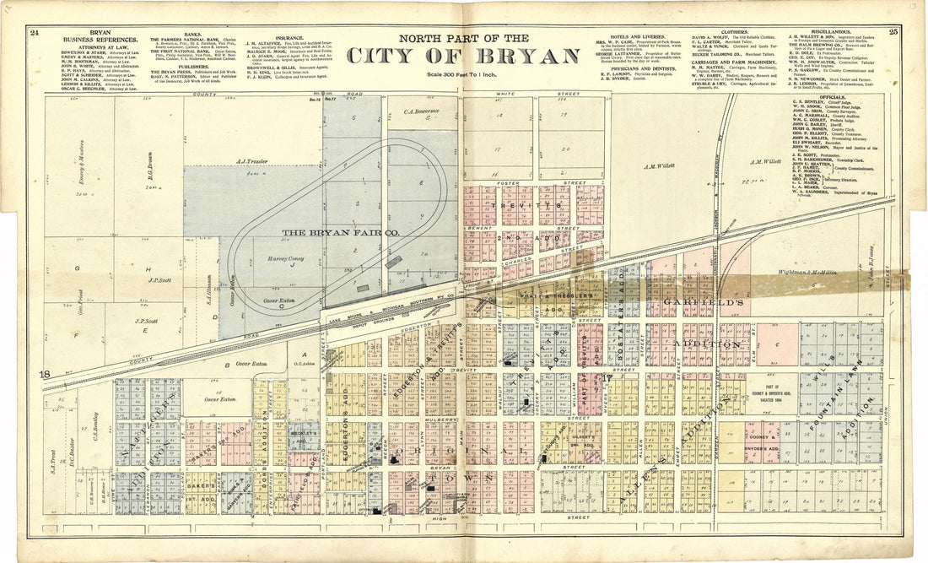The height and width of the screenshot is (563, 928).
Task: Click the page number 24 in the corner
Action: (34, 33)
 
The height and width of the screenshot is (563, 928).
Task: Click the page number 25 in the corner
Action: (893, 32)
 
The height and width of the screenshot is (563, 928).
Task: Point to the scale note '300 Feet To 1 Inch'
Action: (464, 75)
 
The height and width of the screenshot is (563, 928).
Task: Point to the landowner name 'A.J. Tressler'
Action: (251, 160)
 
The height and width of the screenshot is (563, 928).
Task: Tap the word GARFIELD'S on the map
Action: (694, 301)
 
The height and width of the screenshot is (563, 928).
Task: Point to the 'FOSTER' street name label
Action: (508, 183)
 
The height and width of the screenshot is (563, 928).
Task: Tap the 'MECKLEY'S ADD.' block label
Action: (306, 436)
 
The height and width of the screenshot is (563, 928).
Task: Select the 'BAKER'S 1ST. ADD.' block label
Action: (201, 492)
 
